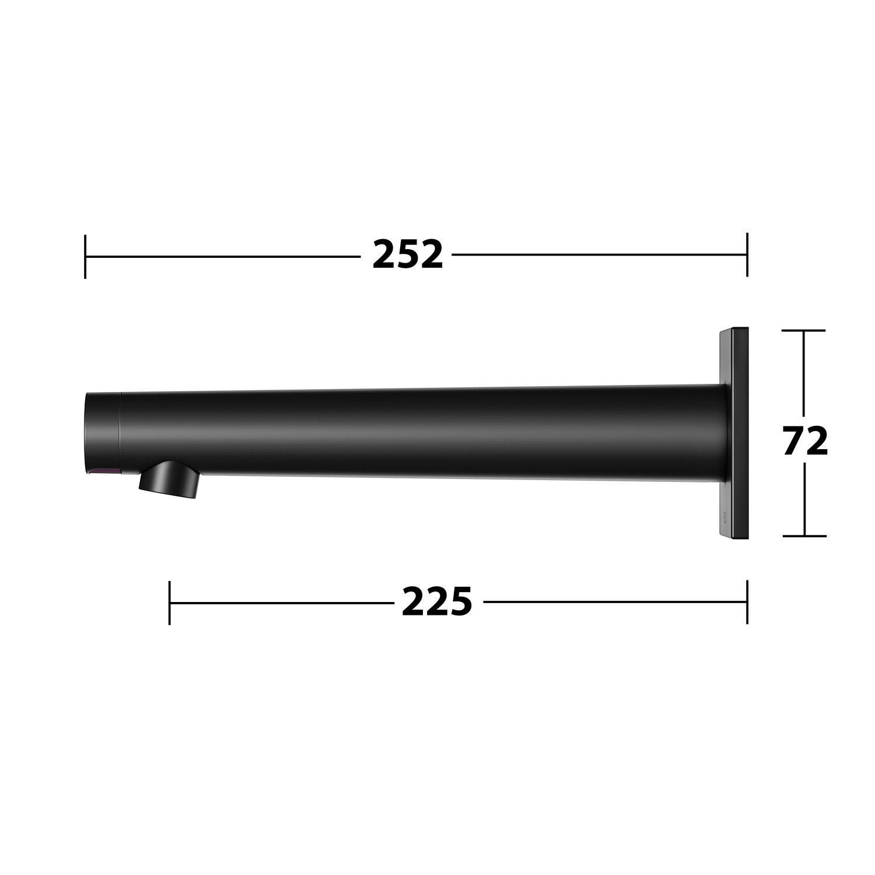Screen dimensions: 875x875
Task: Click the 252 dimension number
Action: pyautogui.click(x=408, y=255)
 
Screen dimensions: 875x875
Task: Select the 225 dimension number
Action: pyautogui.click(x=437, y=602)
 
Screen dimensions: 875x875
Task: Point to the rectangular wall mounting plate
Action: pyautogui.click(x=733, y=433)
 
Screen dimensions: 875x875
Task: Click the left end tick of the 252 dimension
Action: pyautogui.click(x=85, y=256)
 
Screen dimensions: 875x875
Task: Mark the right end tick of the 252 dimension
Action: pyautogui.click(x=747, y=255)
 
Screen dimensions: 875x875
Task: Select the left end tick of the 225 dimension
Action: pyautogui.click(x=169, y=603)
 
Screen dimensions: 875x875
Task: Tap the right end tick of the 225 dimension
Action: pyautogui.click(x=747, y=602)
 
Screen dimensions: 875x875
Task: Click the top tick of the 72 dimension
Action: pyautogui.click(x=804, y=331)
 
